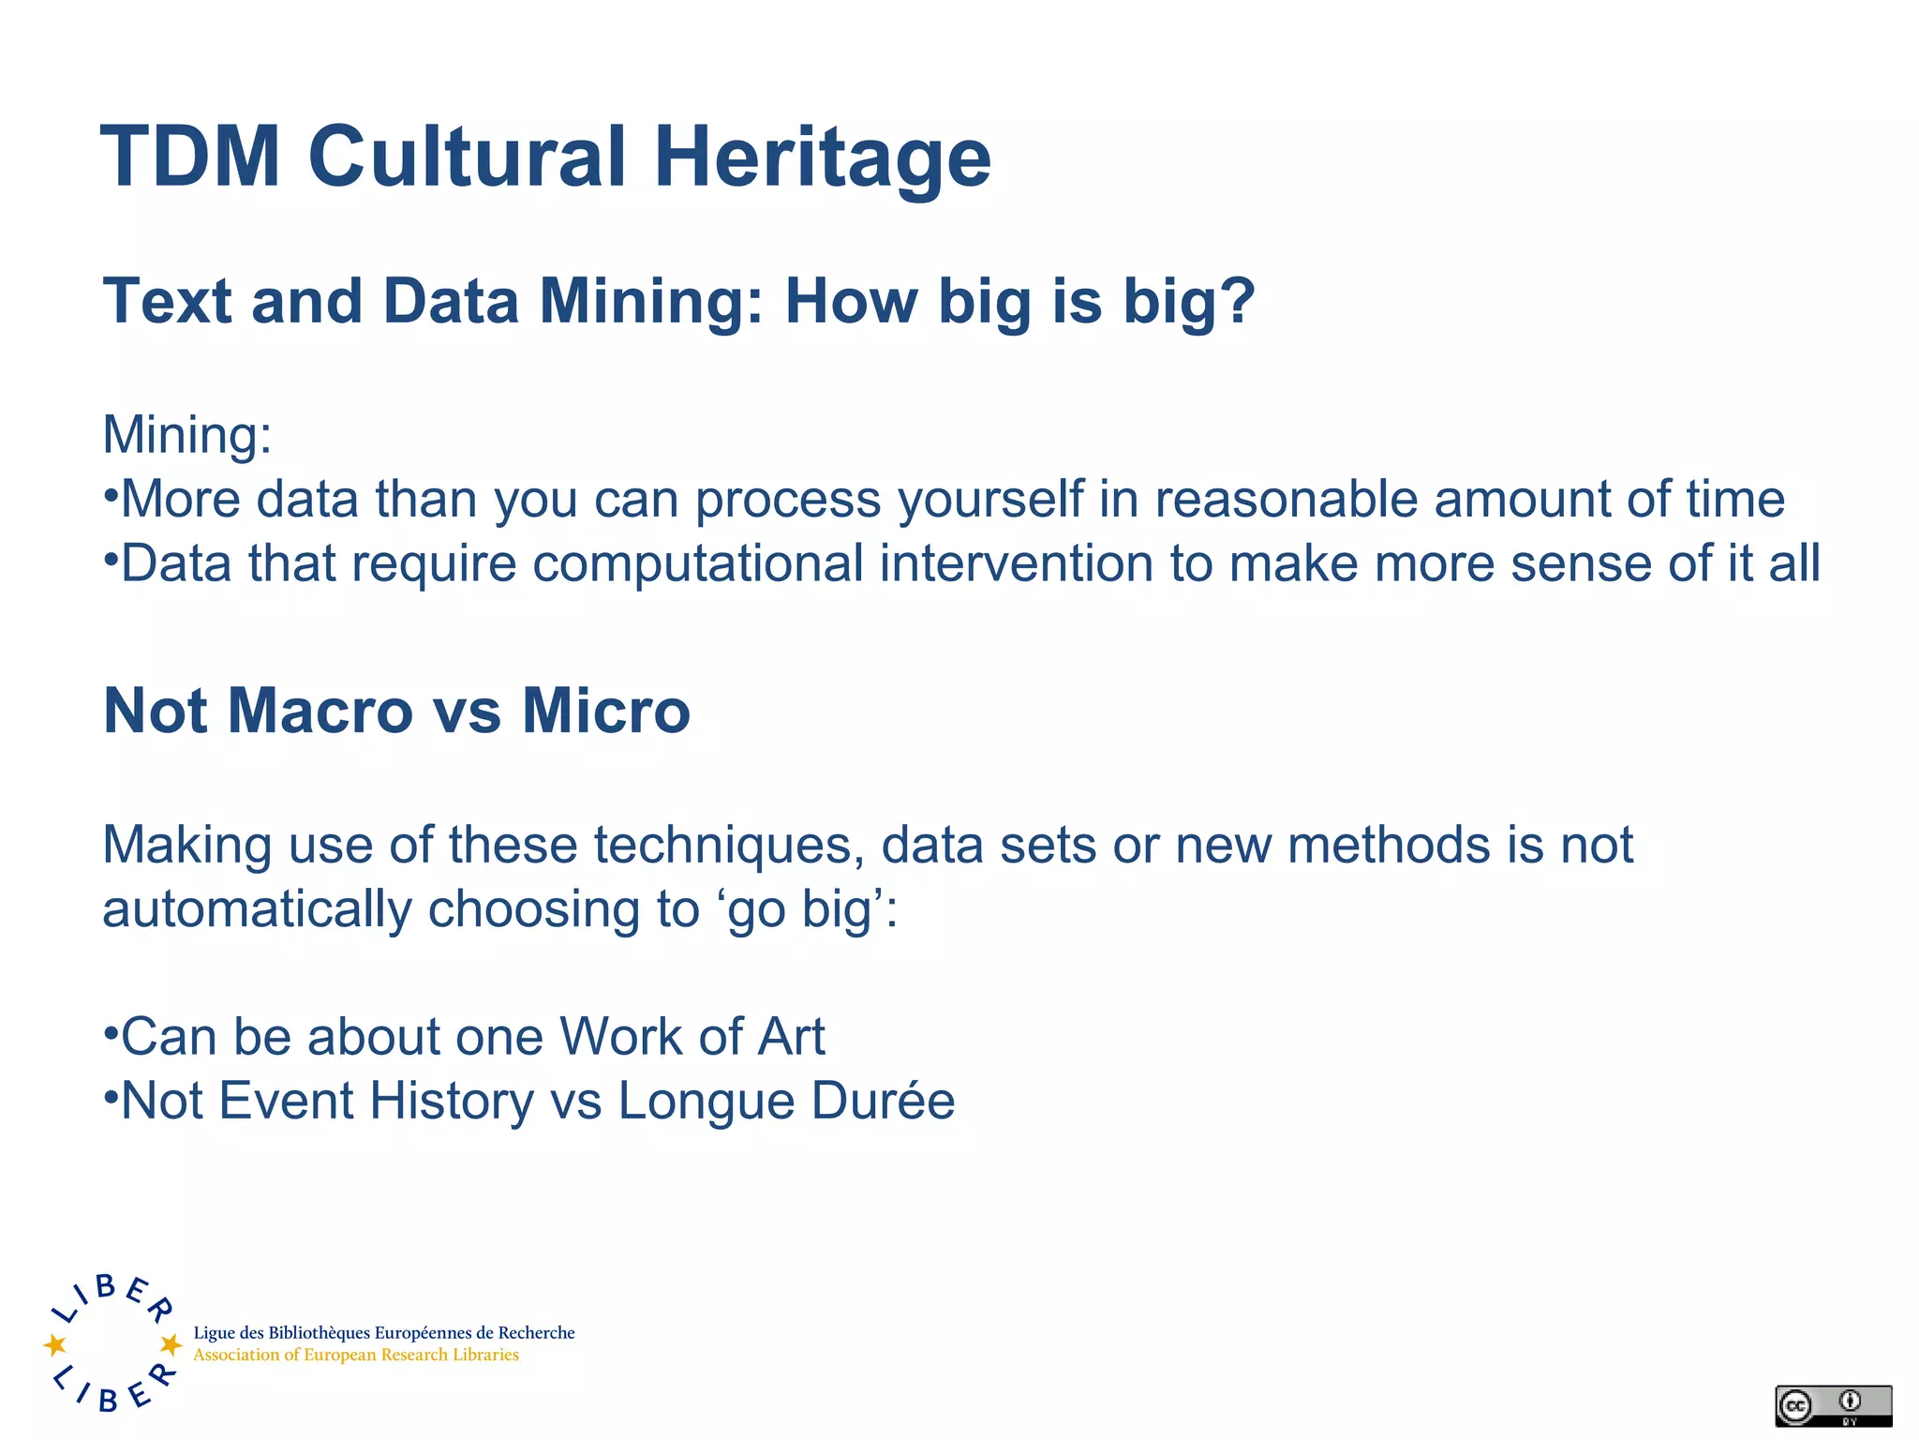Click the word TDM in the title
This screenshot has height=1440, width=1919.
(x=190, y=157)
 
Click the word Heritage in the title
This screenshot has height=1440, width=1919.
(x=822, y=157)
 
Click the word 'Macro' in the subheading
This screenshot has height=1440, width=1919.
(x=320, y=711)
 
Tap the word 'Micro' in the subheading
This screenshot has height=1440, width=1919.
(x=605, y=711)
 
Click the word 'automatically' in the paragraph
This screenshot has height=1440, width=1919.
(x=257, y=909)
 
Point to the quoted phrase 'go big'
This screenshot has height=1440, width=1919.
(x=806, y=909)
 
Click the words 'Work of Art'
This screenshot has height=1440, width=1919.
(x=692, y=1037)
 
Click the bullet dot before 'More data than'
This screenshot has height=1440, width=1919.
(x=111, y=495)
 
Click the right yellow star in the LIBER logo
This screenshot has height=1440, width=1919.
(x=171, y=1344)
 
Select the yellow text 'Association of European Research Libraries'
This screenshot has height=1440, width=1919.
(x=356, y=1355)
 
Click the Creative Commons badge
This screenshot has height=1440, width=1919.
(x=1833, y=1405)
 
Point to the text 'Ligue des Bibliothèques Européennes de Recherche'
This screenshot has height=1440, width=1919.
(x=384, y=1332)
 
